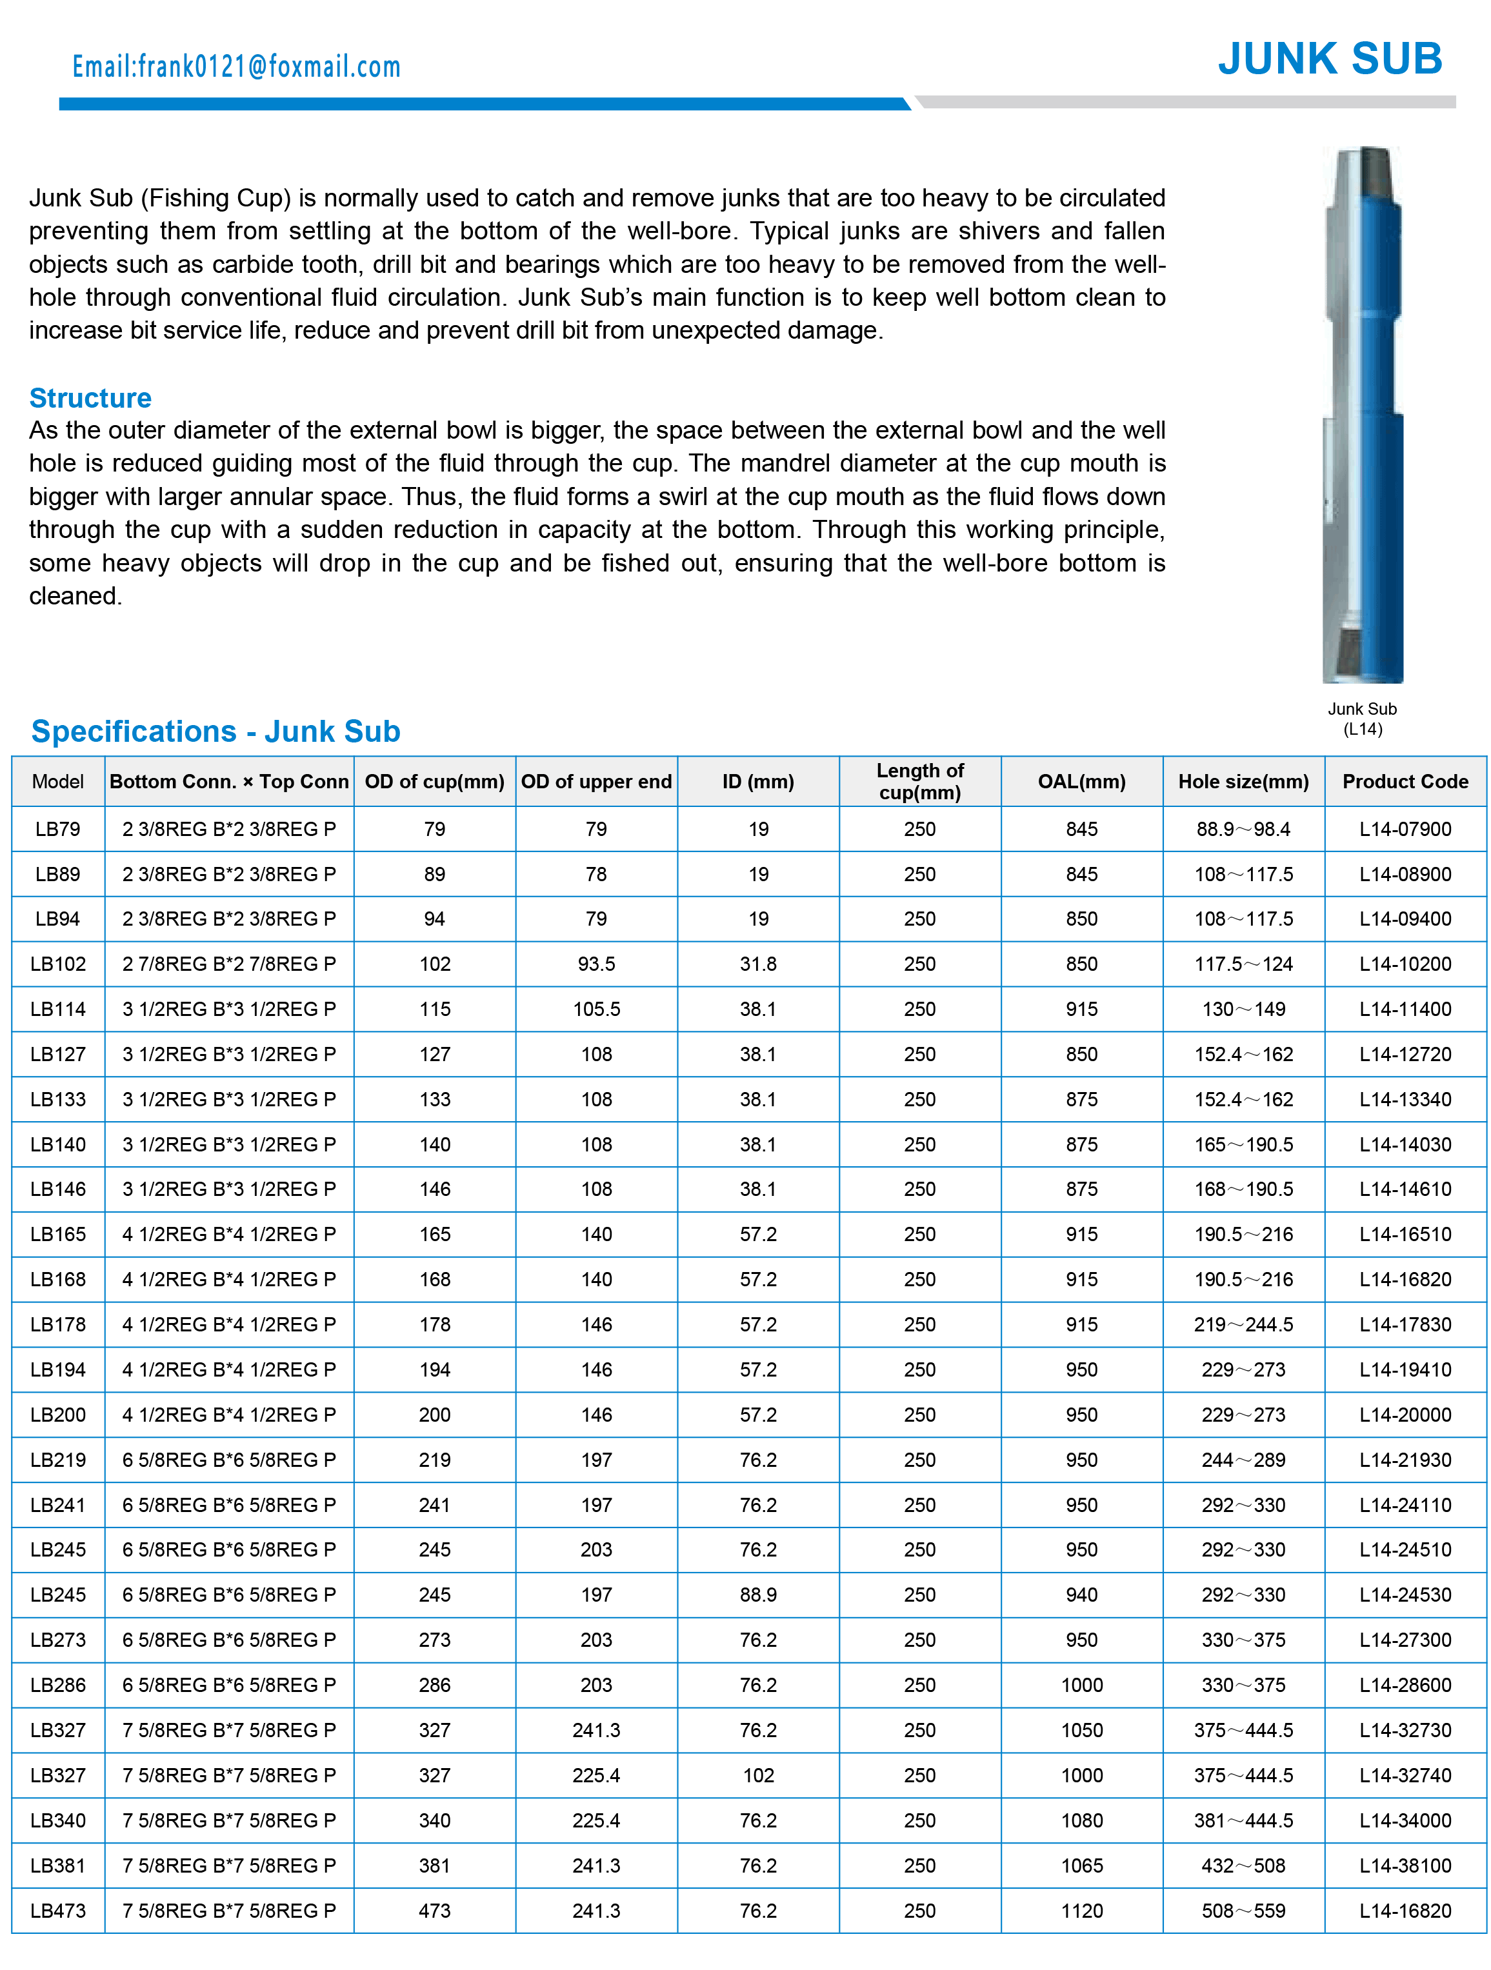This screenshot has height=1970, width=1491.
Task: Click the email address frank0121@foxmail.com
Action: pyautogui.click(x=236, y=67)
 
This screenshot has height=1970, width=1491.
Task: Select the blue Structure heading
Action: pyautogui.click(x=90, y=397)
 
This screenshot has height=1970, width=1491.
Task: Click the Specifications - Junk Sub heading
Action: pyautogui.click(x=215, y=731)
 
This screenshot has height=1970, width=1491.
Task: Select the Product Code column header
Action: pyautogui.click(x=1404, y=781)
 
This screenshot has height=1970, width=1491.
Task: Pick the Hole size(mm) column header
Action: pyautogui.click(x=1243, y=781)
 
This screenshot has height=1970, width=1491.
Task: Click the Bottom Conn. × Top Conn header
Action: pyautogui.click(x=229, y=781)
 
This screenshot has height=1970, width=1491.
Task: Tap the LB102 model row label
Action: pyautogui.click(x=58, y=964)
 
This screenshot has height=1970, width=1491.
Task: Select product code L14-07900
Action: pyautogui.click(x=1404, y=829)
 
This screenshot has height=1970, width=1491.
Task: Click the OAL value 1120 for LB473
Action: pyautogui.click(x=1081, y=1910)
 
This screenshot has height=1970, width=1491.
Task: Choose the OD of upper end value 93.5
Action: pyautogui.click(x=596, y=964)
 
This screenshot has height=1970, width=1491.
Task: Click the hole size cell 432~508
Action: pyautogui.click(x=1243, y=1865)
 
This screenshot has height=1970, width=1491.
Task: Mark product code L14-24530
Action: pyautogui.click(x=1404, y=1594)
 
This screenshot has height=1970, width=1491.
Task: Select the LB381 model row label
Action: pyautogui.click(x=58, y=1865)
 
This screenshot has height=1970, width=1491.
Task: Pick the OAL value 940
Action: pyautogui.click(x=1081, y=1594)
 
